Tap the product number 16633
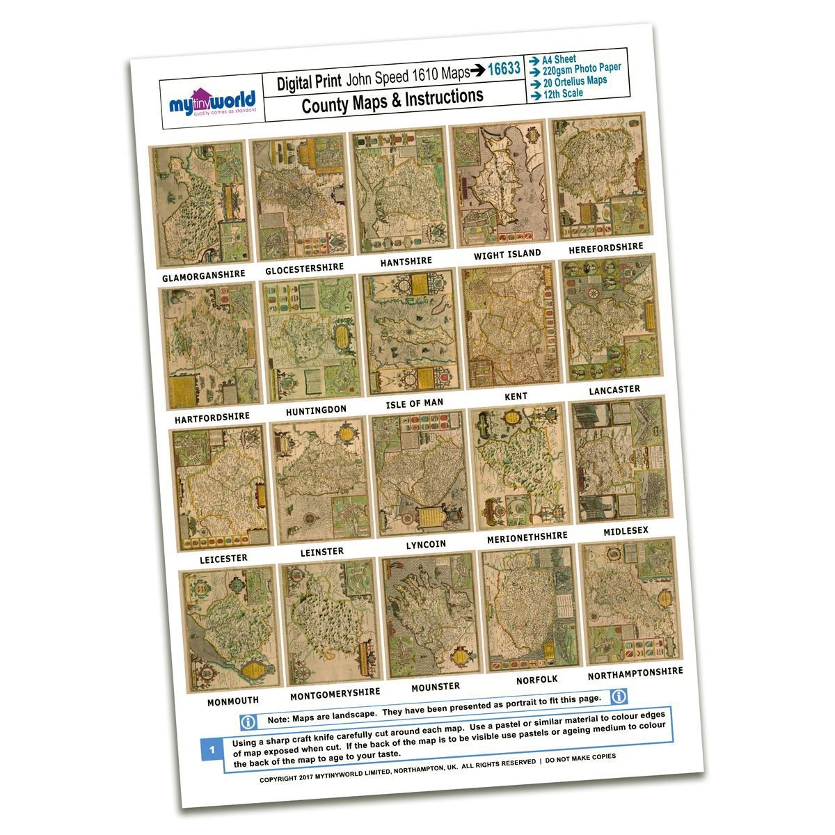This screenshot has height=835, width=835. click(x=504, y=69)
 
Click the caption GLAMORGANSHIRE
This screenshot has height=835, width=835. click(x=204, y=276)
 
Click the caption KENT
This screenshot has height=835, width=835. click(x=516, y=396)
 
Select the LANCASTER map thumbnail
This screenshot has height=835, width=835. click(x=610, y=318)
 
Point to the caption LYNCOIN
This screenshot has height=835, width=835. click(x=426, y=544)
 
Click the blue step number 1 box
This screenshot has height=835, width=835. click(x=212, y=750)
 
